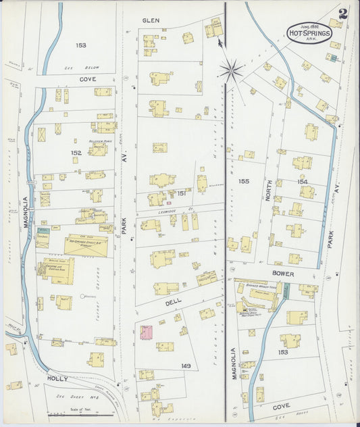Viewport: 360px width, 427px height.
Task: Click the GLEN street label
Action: (151, 21)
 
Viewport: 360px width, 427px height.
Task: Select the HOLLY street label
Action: (57, 379)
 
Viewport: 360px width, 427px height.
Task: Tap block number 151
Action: (181, 193)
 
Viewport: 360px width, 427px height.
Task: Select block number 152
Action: (76, 153)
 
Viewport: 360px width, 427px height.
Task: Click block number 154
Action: (302, 182)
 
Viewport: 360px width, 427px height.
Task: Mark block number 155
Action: (243, 181)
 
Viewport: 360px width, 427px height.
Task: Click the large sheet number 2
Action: (344, 13)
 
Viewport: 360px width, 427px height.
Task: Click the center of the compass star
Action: (232, 68)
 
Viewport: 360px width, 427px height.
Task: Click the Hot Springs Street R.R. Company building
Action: (86, 246)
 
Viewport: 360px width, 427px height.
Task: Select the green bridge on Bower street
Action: (286, 291)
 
